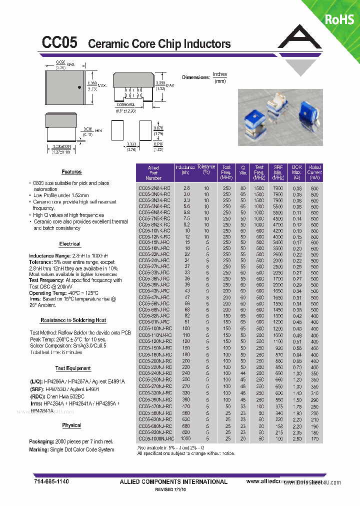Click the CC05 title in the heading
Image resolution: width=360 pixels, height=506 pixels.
[59, 43]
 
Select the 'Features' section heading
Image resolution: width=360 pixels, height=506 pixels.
[71, 171]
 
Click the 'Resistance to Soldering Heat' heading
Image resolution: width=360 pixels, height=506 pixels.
[73, 320]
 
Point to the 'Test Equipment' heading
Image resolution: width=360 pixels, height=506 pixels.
[73, 368]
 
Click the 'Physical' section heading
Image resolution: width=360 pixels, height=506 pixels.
[71, 425]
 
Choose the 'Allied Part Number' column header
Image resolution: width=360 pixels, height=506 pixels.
[153, 172]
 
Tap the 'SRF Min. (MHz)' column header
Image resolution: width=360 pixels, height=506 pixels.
[278, 172]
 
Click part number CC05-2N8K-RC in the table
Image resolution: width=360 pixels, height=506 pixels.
[154, 188]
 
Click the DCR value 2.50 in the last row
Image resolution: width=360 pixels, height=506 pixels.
[297, 438]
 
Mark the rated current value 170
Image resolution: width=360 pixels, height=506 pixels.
[314, 438]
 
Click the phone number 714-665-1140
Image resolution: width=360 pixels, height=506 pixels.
[52, 481]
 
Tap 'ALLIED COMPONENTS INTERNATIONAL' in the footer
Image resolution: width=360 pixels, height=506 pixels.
[173, 481]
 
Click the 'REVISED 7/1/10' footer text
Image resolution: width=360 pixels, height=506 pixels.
[173, 490]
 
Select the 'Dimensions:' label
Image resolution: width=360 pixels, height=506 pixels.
[195, 77]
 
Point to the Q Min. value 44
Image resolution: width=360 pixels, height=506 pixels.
[243, 373]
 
